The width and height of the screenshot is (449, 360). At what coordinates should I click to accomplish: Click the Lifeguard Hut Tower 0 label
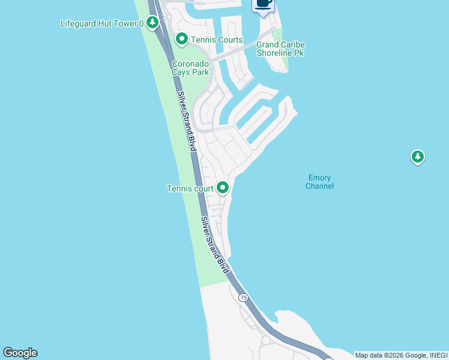click(x=102, y=24)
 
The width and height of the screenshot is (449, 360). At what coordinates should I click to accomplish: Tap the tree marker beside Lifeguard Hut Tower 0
click(x=153, y=23)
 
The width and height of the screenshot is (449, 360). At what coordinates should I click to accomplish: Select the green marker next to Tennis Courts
click(x=182, y=40)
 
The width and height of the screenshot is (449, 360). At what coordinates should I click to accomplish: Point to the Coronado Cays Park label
click(x=190, y=68)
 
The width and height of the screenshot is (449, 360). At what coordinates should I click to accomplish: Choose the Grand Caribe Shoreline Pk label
click(x=280, y=49)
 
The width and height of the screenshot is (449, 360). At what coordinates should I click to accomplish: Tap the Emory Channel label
click(x=319, y=182)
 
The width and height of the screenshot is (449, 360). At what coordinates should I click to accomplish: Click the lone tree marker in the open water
click(x=418, y=157)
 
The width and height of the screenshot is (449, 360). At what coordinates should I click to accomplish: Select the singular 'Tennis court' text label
click(x=190, y=188)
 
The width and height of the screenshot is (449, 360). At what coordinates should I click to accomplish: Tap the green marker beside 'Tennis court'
click(x=223, y=188)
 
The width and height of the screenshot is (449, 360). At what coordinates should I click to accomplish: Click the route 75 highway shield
click(x=243, y=298)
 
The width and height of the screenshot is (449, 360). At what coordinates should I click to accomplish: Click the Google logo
click(x=20, y=353)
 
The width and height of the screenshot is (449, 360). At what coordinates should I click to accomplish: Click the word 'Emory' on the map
click(x=319, y=178)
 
